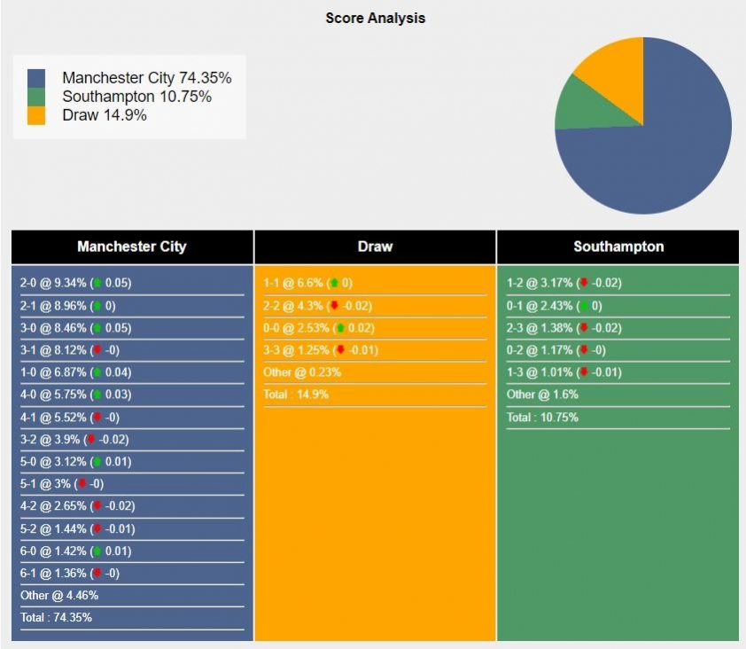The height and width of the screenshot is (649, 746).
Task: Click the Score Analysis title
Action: point(375,18)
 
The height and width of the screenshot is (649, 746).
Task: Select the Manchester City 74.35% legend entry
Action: point(146,78)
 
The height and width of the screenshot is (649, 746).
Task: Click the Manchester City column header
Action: point(132,246)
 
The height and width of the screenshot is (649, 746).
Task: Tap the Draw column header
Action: point(375,246)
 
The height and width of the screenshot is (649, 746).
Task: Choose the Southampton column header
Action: point(618,246)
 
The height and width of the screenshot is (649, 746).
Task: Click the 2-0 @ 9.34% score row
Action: point(75,283)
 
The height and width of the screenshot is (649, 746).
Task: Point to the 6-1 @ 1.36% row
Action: point(67,573)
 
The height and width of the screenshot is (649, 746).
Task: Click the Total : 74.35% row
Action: point(56,617)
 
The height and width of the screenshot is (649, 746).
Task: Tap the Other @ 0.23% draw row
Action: point(302,372)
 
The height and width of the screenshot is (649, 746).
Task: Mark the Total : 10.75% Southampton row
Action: point(542,417)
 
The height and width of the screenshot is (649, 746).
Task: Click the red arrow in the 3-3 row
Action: point(340,349)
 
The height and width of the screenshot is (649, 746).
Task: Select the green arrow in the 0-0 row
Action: point(339,327)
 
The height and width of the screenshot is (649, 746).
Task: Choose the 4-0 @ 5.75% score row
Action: point(75,417)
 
